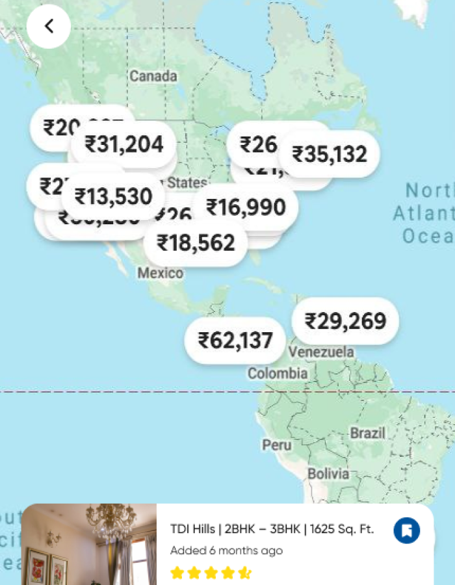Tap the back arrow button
tap(49, 26)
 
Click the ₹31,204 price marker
tap(124, 144)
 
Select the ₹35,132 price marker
tap(330, 155)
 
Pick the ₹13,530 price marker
tap(114, 196)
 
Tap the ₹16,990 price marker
tap(246, 207)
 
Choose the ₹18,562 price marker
tap(196, 243)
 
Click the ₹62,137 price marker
tap(235, 340)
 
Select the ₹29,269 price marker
tap(345, 321)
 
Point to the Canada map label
tap(153, 77)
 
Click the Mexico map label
tap(160, 273)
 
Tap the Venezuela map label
tap(322, 352)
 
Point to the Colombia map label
tap(278, 374)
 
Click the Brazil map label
tap(368, 433)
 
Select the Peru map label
tap(277, 445)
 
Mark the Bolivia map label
tap(328, 473)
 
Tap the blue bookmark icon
tap(407, 530)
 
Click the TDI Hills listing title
tap(272, 529)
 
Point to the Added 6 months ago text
tap(226, 551)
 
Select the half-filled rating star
tap(244, 573)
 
